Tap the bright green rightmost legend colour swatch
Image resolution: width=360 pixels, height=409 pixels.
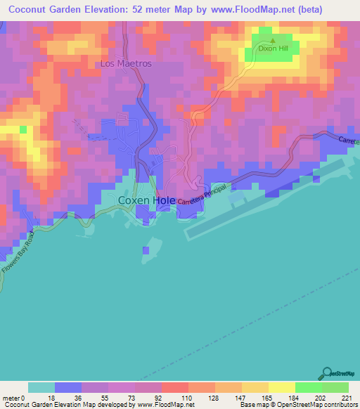click(x=335, y=387)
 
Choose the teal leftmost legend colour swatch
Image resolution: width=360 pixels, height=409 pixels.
click(x=41, y=387)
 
